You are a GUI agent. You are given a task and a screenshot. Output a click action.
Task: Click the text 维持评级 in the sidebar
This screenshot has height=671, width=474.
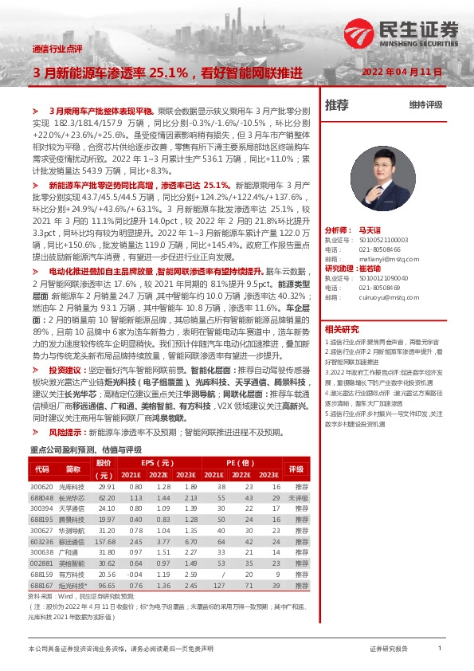[x=426, y=104]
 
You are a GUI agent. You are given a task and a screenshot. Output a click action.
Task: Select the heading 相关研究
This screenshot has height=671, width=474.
[x=342, y=329]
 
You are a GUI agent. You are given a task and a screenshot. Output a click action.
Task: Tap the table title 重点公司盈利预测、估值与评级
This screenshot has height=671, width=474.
[x=85, y=449]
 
